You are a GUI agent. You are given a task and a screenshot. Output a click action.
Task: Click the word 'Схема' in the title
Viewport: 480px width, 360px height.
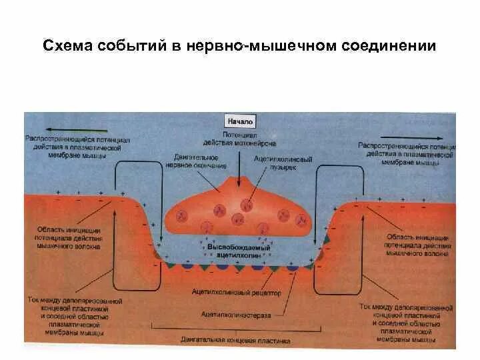[67, 46]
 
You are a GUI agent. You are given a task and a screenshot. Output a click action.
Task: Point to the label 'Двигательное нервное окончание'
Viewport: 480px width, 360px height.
[205, 161]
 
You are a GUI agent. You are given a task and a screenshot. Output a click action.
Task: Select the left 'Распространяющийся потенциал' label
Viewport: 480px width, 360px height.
[73, 148]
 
